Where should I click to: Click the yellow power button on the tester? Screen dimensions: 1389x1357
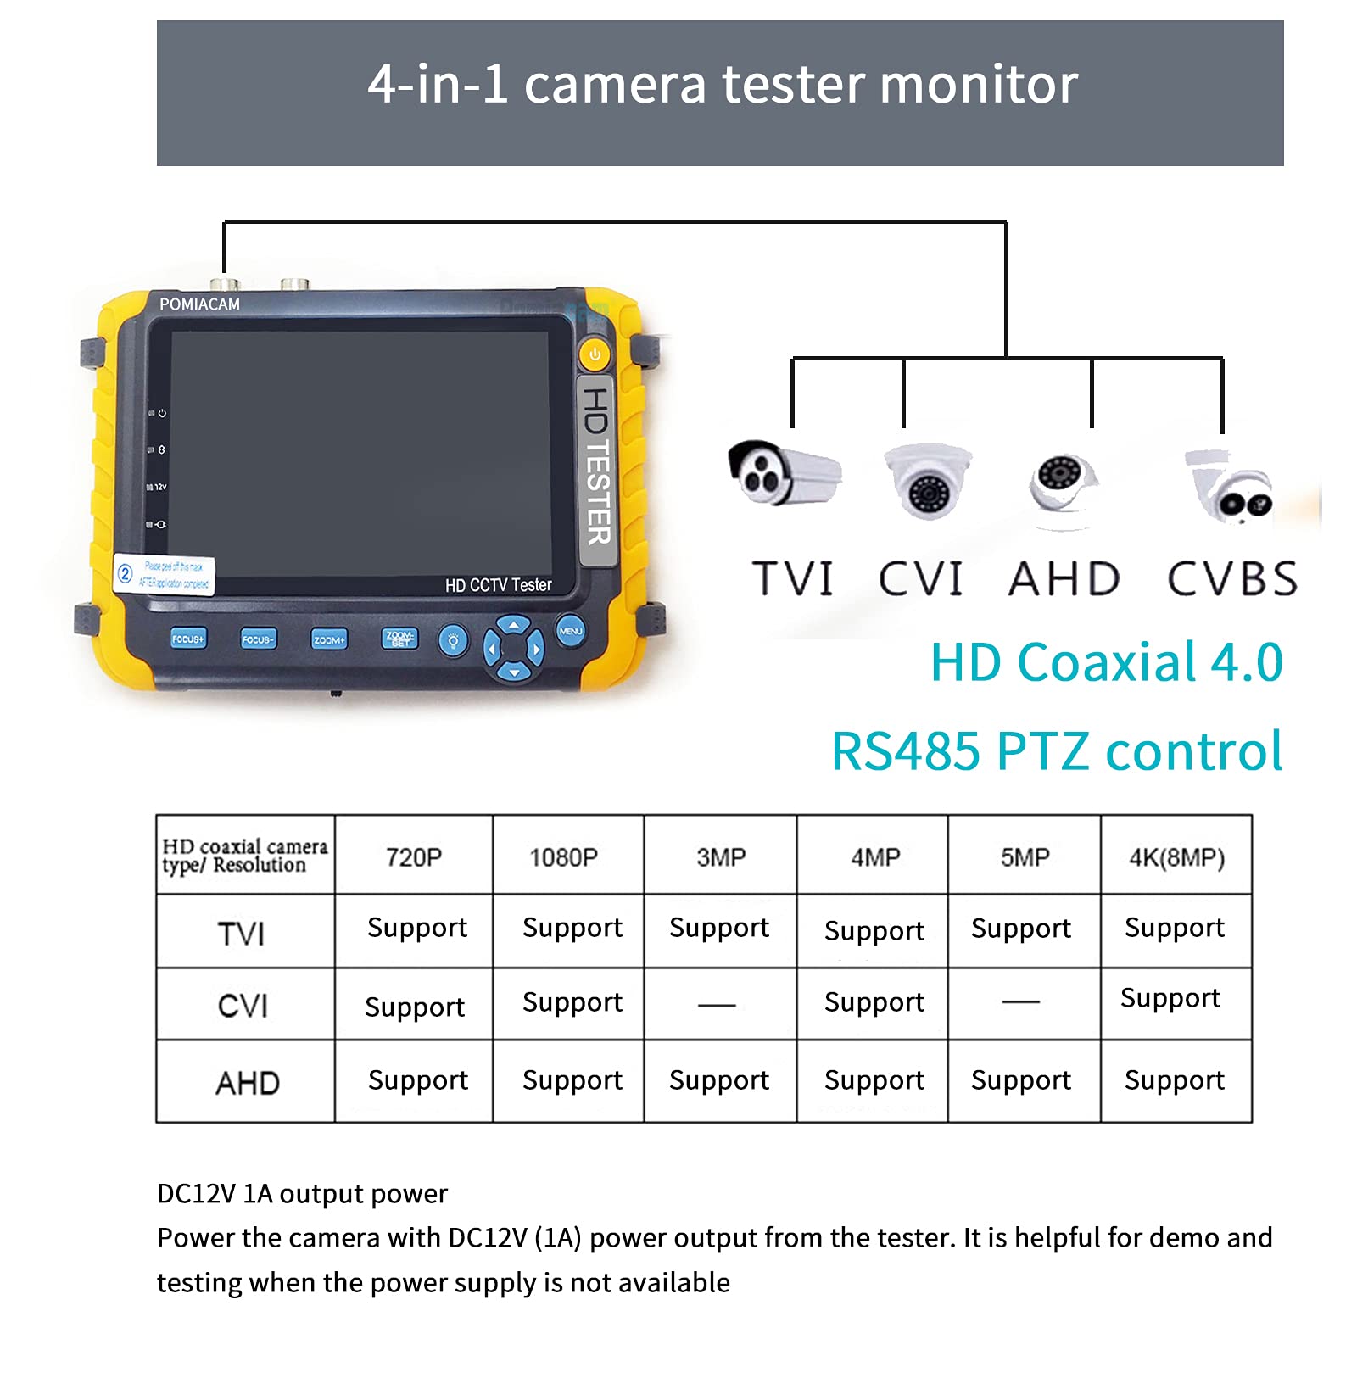click(x=595, y=354)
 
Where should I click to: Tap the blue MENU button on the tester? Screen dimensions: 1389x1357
click(x=571, y=632)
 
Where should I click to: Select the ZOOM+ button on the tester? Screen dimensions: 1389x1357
click(x=328, y=640)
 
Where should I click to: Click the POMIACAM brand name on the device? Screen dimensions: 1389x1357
click(x=199, y=304)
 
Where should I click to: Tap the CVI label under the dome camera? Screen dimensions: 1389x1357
click(x=920, y=579)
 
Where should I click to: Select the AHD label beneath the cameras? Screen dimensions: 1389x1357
click(x=1064, y=579)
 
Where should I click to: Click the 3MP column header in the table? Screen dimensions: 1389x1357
click(x=721, y=857)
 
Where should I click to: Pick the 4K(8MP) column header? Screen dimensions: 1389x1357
click(x=1176, y=857)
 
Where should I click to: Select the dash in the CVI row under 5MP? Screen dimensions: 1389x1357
click(x=1021, y=1002)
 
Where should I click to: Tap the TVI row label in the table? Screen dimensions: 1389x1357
click(x=242, y=934)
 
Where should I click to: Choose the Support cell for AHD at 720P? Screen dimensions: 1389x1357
click(x=418, y=1080)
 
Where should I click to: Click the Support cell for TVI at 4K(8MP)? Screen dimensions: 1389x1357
click(x=1175, y=928)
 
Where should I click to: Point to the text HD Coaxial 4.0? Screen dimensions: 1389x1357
click(x=1107, y=662)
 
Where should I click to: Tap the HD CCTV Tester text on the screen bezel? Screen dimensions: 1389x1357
click(x=499, y=585)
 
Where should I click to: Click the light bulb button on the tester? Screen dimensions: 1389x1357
click(x=453, y=640)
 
